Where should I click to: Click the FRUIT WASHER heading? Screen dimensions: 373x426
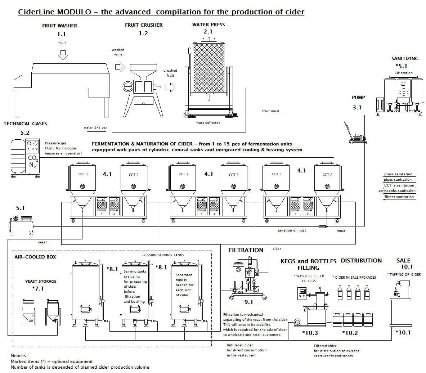click(59, 26)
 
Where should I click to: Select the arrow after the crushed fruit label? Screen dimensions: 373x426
click(170, 87)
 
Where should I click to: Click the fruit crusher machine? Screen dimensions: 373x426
click(142, 86)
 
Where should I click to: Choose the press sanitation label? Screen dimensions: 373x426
click(398, 174)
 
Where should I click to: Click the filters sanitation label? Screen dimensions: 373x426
click(399, 197)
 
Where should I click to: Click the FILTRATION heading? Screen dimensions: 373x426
click(246, 250)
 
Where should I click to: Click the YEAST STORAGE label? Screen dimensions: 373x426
click(40, 281)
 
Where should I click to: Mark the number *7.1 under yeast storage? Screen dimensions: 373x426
click(39, 288)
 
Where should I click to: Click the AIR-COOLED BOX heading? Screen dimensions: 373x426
click(35, 257)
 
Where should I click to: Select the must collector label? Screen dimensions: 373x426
click(208, 123)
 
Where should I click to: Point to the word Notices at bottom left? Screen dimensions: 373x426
click(20, 356)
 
